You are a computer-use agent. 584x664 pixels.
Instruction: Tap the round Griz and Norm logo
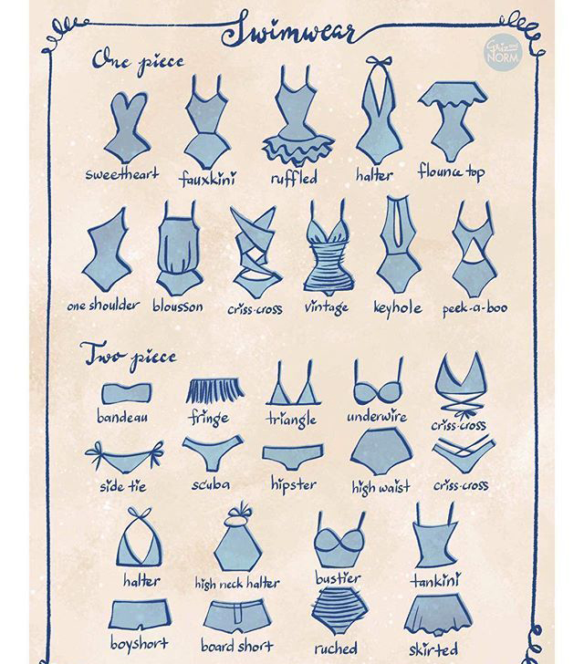click(x=503, y=52)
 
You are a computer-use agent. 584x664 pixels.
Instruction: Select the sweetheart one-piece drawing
click(x=127, y=127)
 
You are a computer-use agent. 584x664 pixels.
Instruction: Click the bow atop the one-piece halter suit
click(x=379, y=62)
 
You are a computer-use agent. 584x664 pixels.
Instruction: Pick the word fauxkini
click(x=208, y=178)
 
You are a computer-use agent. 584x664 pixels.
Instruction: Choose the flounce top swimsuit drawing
click(x=453, y=121)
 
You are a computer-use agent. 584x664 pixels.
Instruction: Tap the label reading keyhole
click(x=397, y=307)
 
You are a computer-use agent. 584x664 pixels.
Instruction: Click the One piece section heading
click(x=138, y=62)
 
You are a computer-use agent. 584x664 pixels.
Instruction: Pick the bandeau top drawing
click(x=127, y=393)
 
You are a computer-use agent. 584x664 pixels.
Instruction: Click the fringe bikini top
click(x=215, y=390)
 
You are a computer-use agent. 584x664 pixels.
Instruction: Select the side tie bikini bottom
click(x=124, y=457)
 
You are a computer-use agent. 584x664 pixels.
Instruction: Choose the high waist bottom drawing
click(x=381, y=451)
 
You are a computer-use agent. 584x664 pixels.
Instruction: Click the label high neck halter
click(x=237, y=584)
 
